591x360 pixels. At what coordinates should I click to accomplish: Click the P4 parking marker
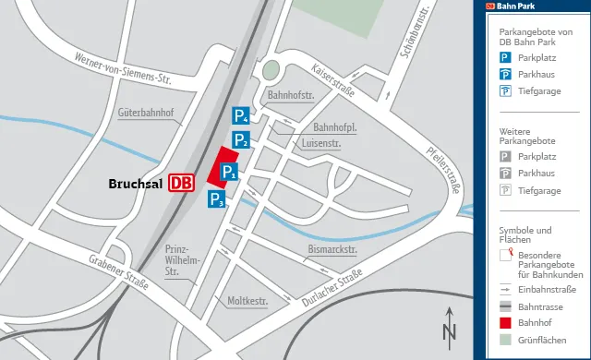coord(240,116)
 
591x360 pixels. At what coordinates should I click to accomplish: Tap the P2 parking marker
coord(240,140)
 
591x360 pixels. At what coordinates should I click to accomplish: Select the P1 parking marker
coord(229,171)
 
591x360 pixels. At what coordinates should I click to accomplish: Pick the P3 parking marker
coord(216,198)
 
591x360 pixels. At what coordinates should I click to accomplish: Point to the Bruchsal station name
coord(136,184)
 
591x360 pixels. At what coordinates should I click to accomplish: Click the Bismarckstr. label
coord(332,250)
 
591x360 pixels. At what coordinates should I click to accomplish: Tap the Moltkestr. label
coord(247,301)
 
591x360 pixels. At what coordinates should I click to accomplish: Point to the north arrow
coord(450,327)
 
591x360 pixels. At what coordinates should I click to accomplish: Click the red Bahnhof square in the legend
coord(505,322)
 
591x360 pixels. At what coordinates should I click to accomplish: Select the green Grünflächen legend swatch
coord(505,340)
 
